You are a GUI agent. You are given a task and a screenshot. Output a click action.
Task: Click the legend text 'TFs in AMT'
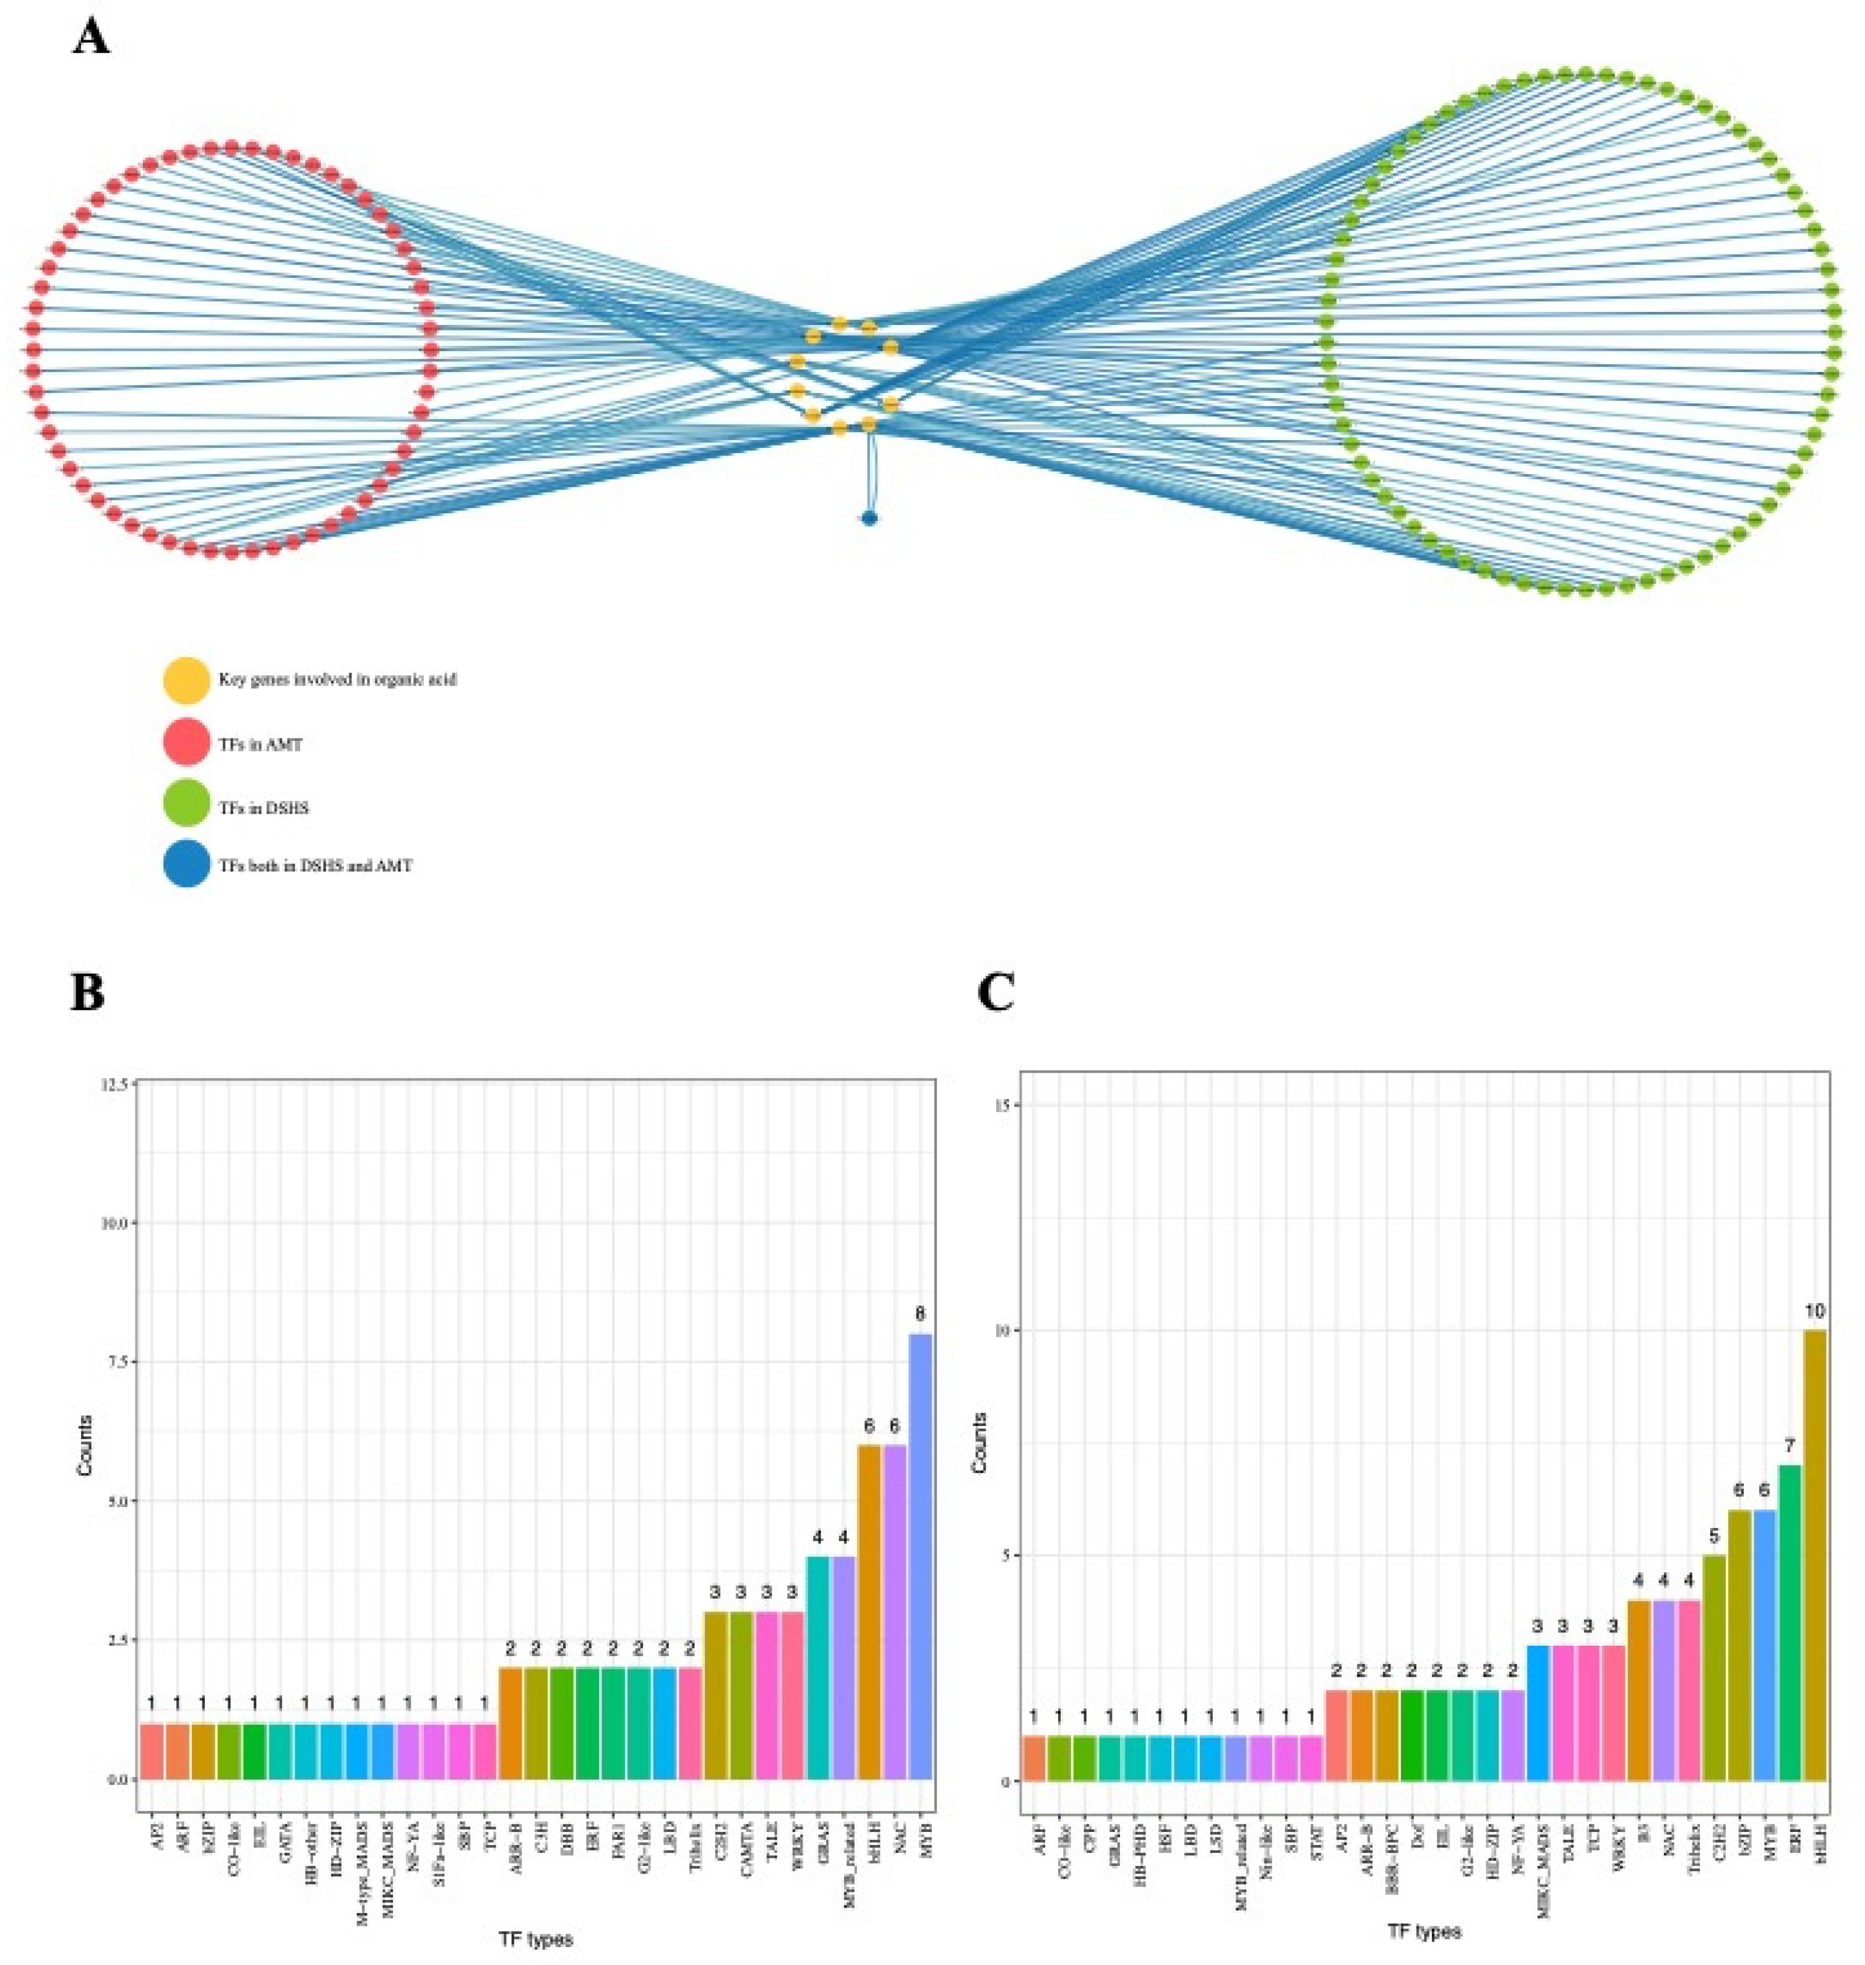[261, 744]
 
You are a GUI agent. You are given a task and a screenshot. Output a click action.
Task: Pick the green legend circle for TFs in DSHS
[186, 808]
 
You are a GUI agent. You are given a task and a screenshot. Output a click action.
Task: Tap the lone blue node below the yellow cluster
[869, 518]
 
